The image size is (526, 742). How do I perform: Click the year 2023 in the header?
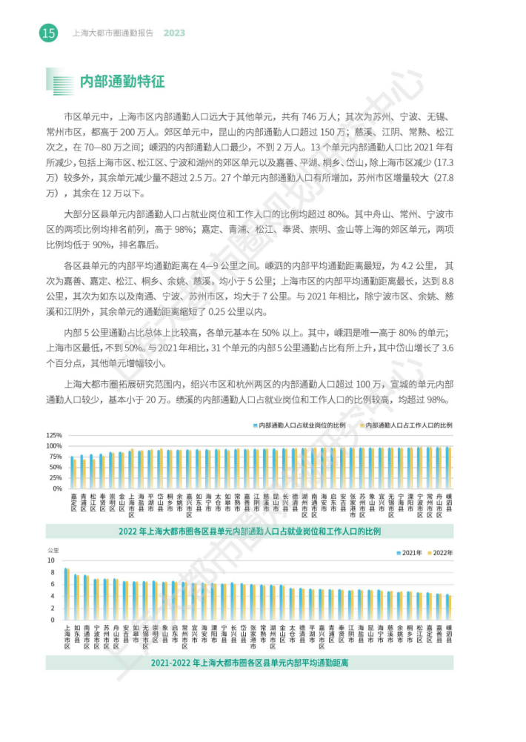(174, 33)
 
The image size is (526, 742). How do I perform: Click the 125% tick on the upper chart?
(54, 434)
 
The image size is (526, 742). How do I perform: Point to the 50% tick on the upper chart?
(56, 467)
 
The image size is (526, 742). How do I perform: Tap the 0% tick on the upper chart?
(58, 488)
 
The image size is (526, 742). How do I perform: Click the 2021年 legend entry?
(412, 553)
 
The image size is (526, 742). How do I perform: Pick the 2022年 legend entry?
(442, 553)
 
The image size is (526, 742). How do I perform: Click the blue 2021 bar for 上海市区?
(66, 594)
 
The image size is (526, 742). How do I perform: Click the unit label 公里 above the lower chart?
(53, 551)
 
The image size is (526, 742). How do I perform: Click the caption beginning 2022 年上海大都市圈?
(249, 531)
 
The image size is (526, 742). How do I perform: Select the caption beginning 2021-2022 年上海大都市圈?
(249, 663)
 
